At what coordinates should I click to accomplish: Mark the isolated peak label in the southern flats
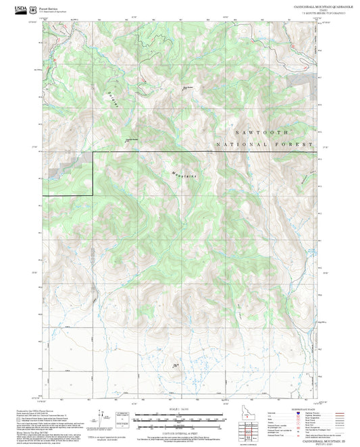click(176, 366)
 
